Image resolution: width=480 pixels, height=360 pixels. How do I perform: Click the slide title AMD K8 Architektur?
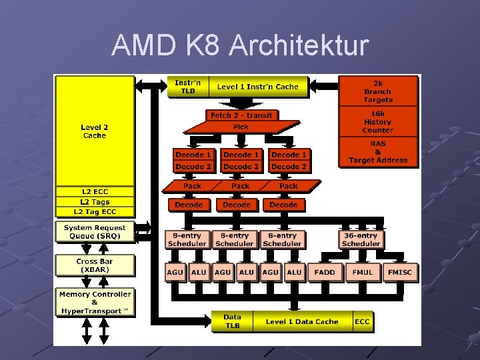(240, 45)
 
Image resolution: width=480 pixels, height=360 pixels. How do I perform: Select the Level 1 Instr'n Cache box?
(258, 87)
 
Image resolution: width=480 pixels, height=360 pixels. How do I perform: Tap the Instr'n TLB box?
(188, 87)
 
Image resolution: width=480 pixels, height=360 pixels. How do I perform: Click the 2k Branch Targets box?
(378, 91)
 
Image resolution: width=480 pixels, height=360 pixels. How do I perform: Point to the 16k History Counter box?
(378, 122)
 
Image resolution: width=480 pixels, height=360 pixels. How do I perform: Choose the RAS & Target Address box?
(378, 152)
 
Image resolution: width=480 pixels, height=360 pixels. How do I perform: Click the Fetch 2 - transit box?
(241, 115)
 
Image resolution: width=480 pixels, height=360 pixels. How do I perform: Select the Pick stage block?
(241, 127)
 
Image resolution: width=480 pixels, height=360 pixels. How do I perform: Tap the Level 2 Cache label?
(95, 131)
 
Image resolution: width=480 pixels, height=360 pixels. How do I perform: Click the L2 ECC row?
(95, 192)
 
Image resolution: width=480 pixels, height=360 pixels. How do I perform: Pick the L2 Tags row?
(95, 202)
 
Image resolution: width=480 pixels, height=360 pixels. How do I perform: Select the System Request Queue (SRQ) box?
(95, 232)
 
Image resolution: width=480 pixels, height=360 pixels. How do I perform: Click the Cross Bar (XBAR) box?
(95, 266)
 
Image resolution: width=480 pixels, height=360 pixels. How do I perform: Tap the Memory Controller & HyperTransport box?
(95, 303)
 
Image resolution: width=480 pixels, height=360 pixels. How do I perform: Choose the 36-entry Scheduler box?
(361, 239)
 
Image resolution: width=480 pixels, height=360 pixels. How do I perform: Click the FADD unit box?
(325, 272)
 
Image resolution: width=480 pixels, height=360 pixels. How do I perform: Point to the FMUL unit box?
(363, 272)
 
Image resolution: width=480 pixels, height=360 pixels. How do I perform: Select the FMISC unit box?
(401, 272)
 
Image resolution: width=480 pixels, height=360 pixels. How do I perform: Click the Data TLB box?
(232, 321)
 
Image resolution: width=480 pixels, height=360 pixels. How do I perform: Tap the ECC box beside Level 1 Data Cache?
(362, 321)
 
